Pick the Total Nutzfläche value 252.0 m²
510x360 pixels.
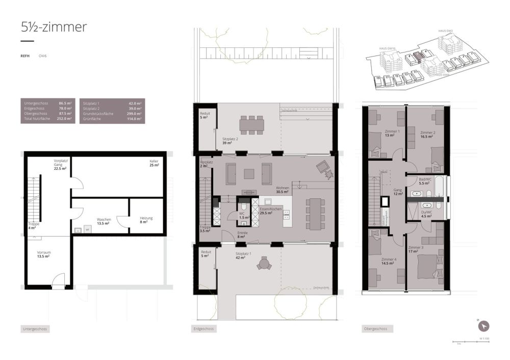65,118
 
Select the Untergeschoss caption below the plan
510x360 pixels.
35,329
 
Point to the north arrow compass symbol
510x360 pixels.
483,326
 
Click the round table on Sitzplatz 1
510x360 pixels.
263,263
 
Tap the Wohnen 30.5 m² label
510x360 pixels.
282,189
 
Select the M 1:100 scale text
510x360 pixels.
483,339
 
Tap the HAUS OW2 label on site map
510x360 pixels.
446,31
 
